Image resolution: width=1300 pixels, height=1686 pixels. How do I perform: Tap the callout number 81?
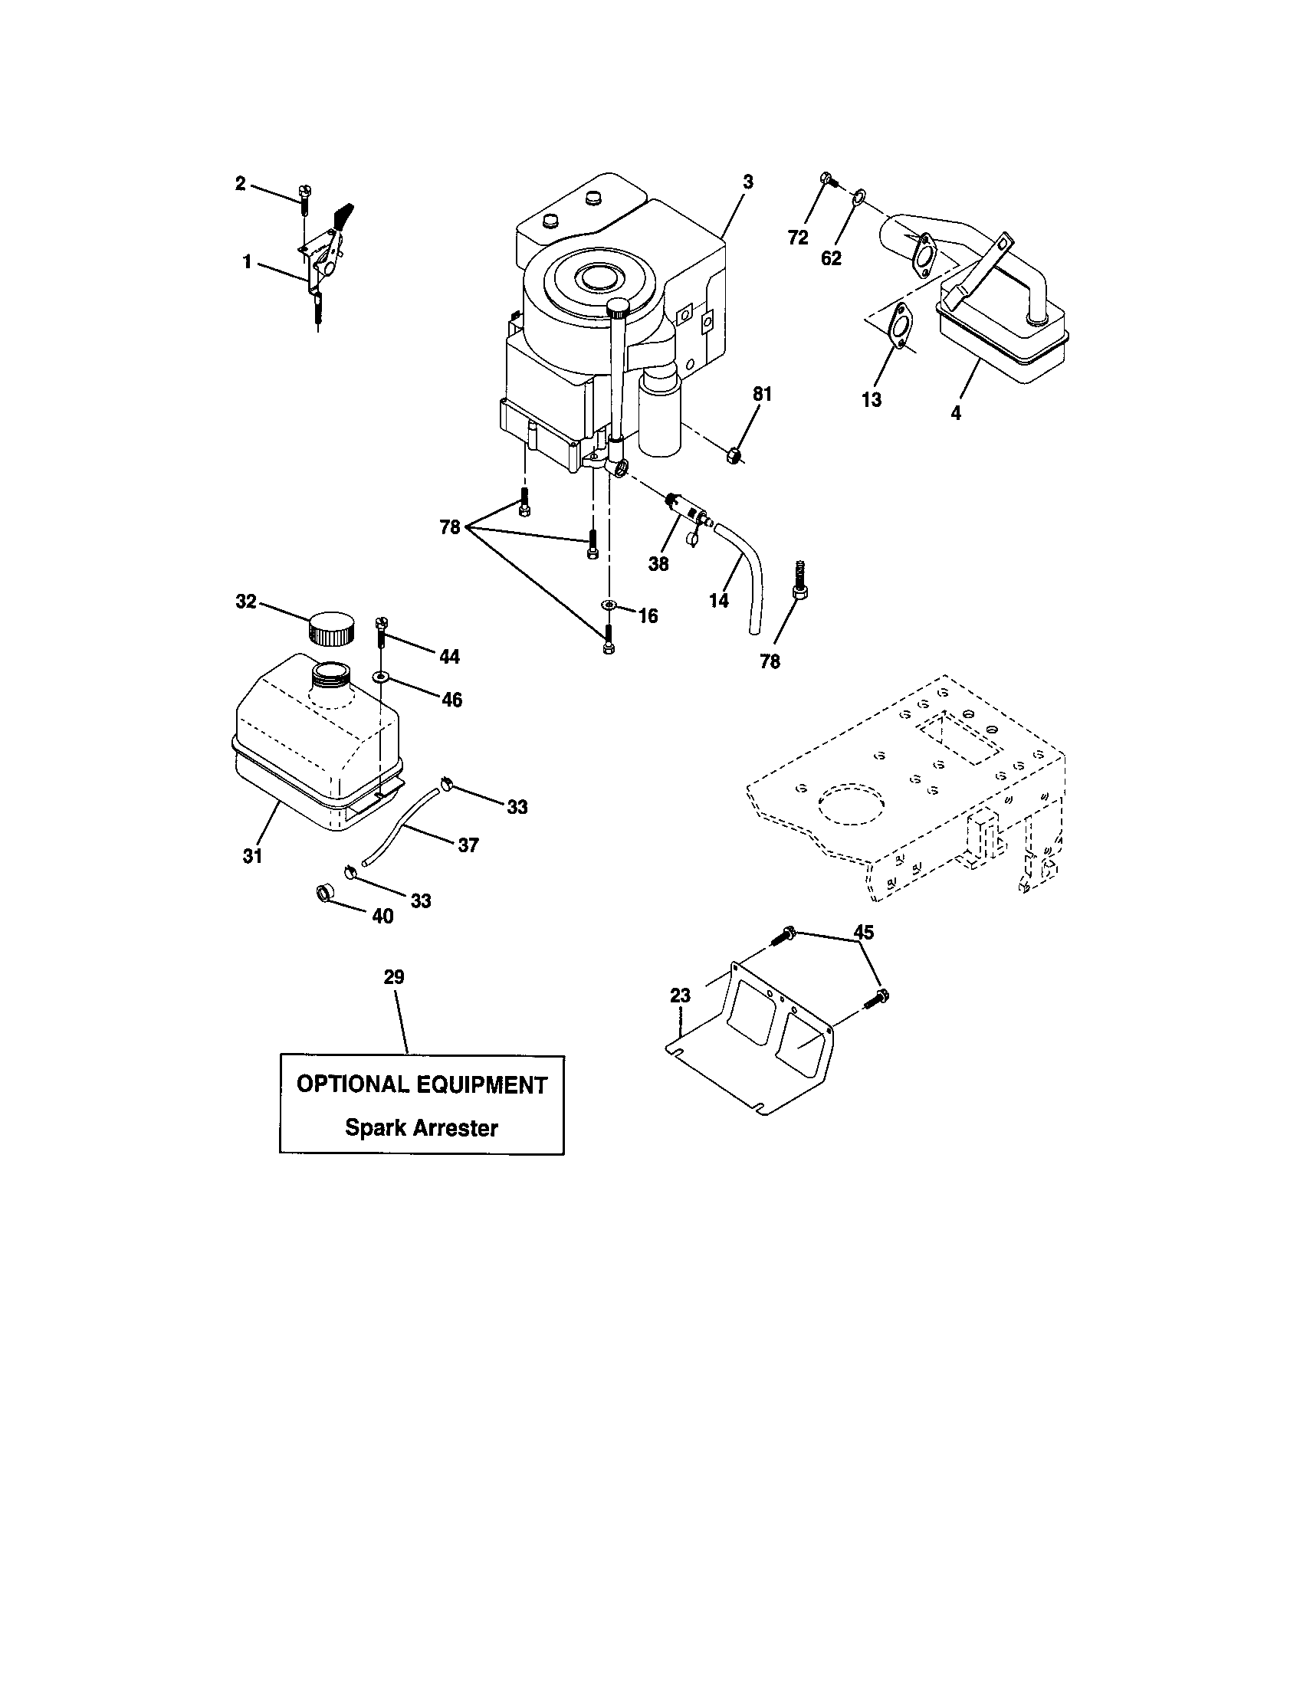point(762,394)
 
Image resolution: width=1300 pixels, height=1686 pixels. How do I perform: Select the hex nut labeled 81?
point(735,455)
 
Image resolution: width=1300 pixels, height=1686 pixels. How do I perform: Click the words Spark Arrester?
point(421,1128)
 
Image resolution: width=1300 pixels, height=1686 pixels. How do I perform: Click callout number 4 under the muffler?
point(956,413)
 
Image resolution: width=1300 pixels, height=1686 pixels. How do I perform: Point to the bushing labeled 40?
point(325,895)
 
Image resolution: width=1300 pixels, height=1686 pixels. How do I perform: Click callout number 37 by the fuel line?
point(468,845)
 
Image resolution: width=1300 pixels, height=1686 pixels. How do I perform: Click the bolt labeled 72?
point(827,179)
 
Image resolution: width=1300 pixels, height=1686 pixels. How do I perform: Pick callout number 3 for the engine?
point(747,182)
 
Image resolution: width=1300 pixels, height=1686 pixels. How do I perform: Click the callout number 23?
point(679,996)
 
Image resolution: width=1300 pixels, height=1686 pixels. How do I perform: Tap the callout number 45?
point(863,933)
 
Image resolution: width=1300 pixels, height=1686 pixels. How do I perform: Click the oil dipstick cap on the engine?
point(619,308)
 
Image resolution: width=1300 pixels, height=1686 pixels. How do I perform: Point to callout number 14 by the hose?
point(718,600)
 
